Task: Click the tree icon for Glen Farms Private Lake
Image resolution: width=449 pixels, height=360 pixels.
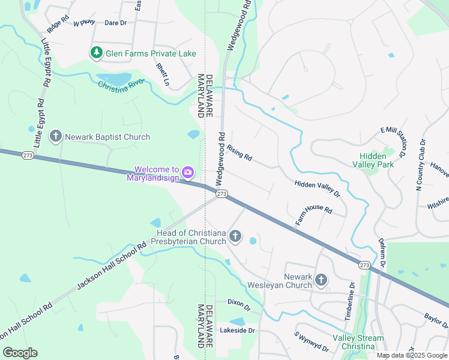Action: point(96,53)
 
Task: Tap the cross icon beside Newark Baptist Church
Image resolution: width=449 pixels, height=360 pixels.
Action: point(56,137)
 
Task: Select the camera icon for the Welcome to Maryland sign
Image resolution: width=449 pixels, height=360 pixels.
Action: point(188,173)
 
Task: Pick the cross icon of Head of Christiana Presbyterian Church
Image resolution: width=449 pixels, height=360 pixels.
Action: point(235,237)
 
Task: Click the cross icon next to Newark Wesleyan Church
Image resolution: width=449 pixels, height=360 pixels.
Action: point(321,280)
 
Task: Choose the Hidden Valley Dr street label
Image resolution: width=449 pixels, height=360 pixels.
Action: point(317,189)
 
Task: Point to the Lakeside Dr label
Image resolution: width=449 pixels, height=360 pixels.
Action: point(237,330)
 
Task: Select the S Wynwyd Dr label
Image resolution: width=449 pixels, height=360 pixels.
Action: point(311,341)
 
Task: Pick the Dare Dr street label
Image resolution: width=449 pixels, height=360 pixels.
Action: point(115,23)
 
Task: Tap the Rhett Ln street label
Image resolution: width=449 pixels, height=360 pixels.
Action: point(161,75)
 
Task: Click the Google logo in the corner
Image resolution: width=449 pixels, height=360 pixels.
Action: point(20,353)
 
